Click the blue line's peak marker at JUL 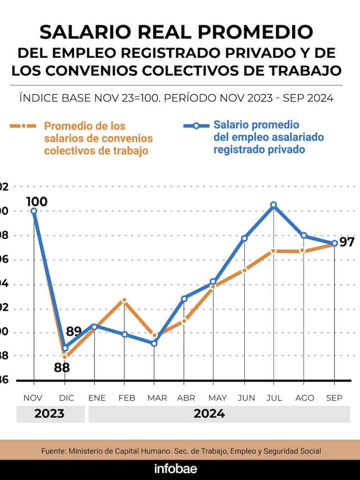(x=273, y=205)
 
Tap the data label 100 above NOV (x=37, y=202)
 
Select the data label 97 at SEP (x=347, y=242)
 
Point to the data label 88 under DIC (x=62, y=367)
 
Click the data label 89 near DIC (x=74, y=331)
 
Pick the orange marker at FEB (x=124, y=300)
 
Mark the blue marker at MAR (x=154, y=343)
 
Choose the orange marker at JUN (x=244, y=270)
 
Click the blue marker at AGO (x=304, y=235)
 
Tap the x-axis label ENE (x=97, y=398)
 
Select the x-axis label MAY (x=217, y=398)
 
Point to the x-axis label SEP (x=334, y=398)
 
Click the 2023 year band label (x=50, y=414)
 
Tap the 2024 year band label (x=209, y=414)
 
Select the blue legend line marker (x=196, y=125)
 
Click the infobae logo (x=176, y=469)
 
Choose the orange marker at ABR (x=184, y=321)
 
